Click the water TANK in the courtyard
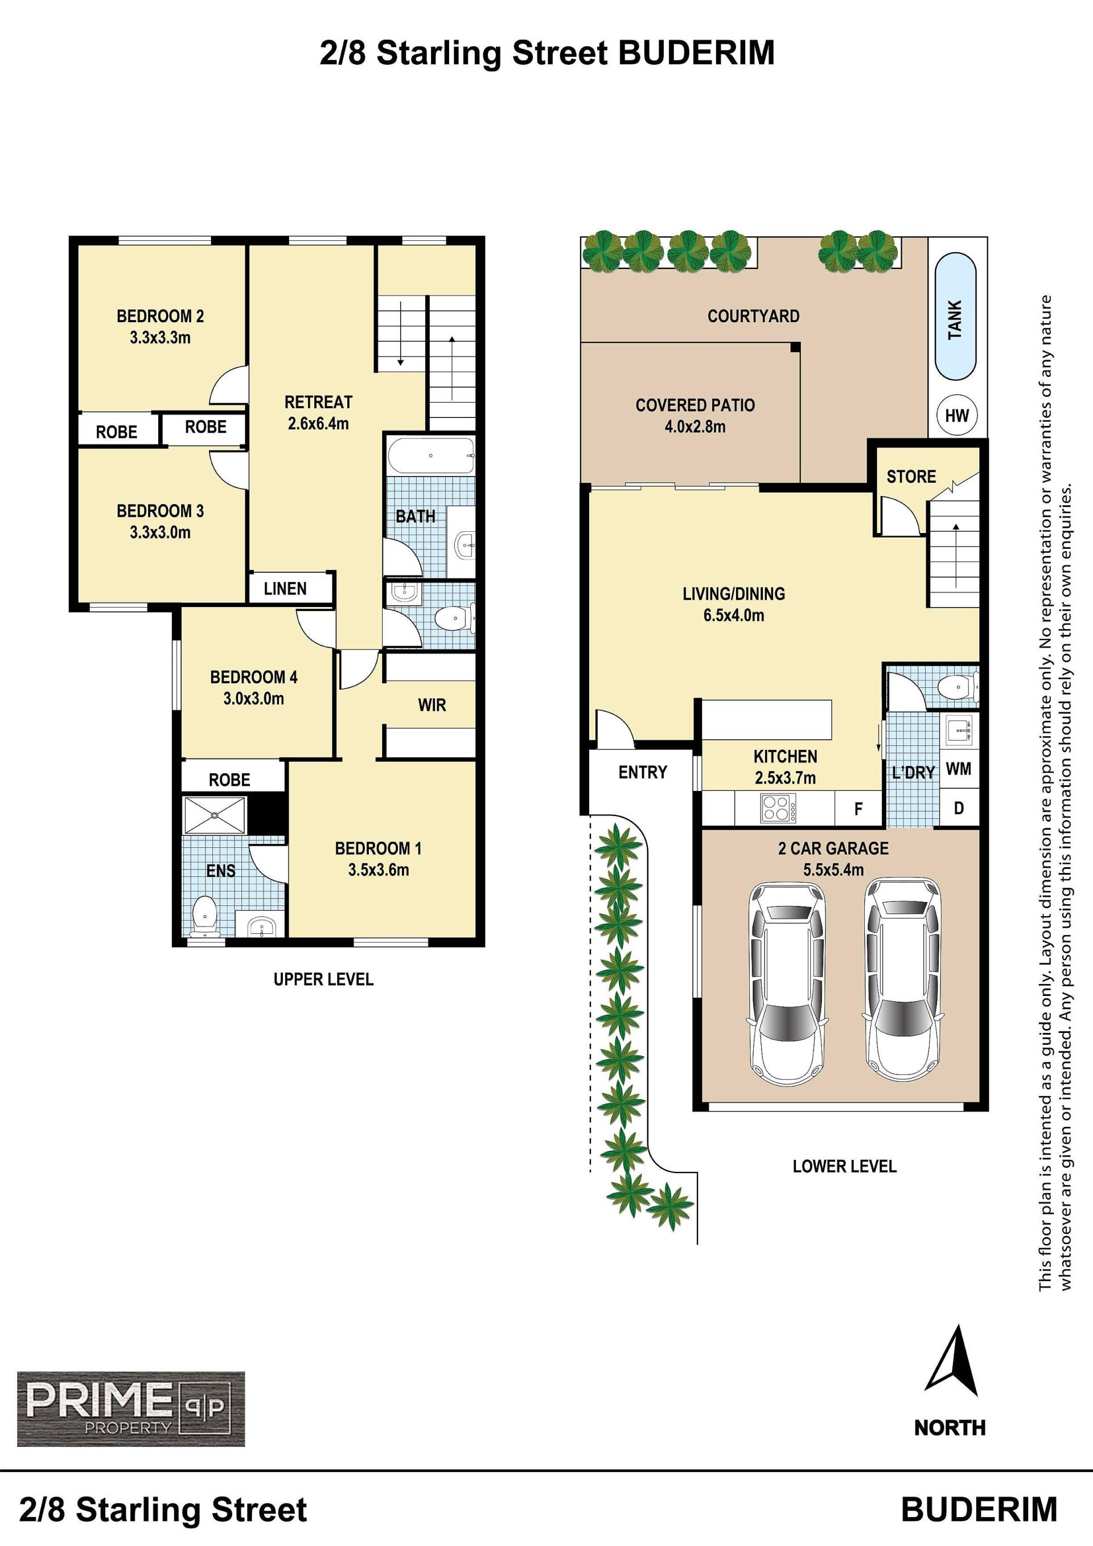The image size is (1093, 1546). point(955,317)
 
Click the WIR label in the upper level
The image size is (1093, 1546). point(432,705)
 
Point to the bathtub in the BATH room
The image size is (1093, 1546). point(432,456)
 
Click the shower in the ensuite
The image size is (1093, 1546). point(215,815)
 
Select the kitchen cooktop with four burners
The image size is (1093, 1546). point(778,807)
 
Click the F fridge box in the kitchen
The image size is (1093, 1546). point(858,809)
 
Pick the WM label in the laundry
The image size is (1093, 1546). point(959,769)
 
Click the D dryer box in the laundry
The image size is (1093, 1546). point(959,807)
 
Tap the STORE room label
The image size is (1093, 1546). point(911,477)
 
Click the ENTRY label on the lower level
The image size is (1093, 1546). point(643,772)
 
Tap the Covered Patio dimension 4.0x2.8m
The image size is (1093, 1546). point(695,427)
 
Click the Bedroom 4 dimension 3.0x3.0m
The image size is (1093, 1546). point(254,698)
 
